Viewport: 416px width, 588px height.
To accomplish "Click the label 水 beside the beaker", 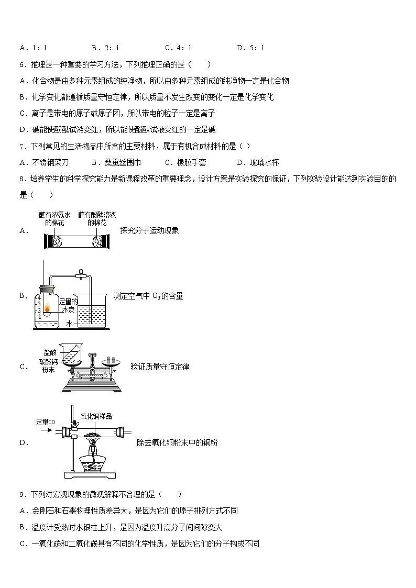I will (70, 324).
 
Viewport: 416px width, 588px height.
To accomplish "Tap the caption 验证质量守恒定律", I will (162, 367).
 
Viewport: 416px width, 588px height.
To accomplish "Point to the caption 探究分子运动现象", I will (149, 230).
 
